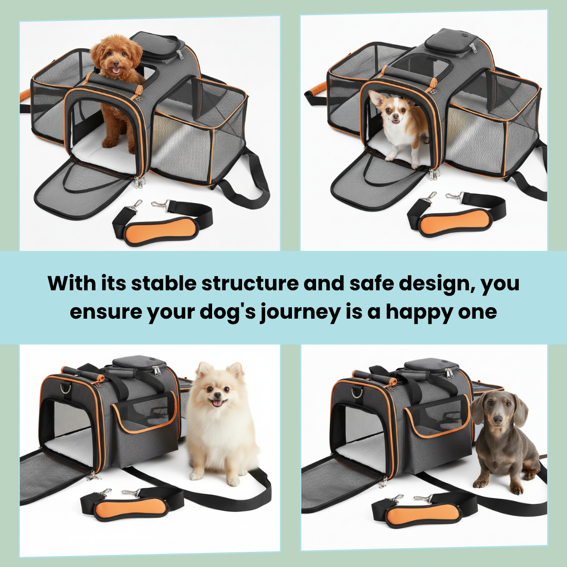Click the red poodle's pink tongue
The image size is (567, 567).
(x=115, y=70)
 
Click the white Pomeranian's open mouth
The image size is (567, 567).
(x=217, y=402)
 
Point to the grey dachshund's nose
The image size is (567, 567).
(x=497, y=418)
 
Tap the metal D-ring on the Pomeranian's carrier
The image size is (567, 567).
(x=66, y=389)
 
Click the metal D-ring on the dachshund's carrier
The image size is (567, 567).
(x=357, y=392)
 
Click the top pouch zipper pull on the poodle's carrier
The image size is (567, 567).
(x=180, y=54)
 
